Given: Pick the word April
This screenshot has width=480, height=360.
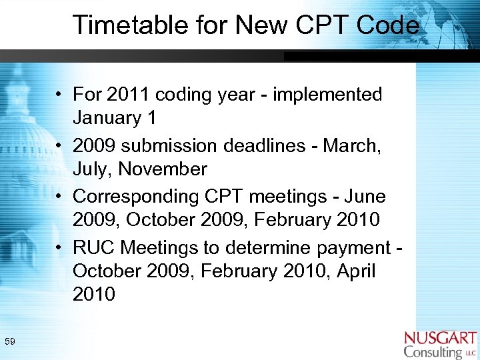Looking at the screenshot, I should click(x=356, y=271).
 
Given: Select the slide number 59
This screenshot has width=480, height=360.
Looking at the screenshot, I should click(x=10, y=342).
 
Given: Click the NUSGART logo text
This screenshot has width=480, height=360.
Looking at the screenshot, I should click(x=441, y=338).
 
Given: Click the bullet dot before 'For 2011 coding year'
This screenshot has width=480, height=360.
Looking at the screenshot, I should click(x=60, y=95).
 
